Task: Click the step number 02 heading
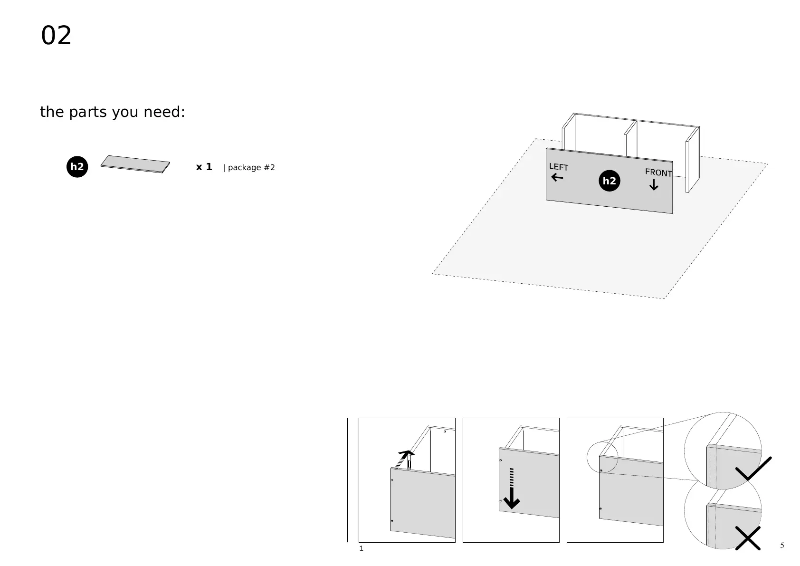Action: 56,36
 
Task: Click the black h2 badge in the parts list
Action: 77,167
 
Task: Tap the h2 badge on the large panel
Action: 609,181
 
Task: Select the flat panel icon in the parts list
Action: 135,164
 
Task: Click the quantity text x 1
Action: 204,167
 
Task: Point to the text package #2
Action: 251,167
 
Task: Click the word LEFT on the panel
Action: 559,167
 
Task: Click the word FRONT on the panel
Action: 658,173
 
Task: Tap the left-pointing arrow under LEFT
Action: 557,178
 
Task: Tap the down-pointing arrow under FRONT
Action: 654,185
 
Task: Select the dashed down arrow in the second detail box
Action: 512,489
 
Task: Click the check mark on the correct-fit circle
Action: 753,469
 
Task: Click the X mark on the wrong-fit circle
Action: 748,538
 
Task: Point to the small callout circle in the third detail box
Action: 602,458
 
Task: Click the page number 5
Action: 782,545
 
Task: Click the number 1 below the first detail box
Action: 361,548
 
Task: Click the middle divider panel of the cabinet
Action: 630,139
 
